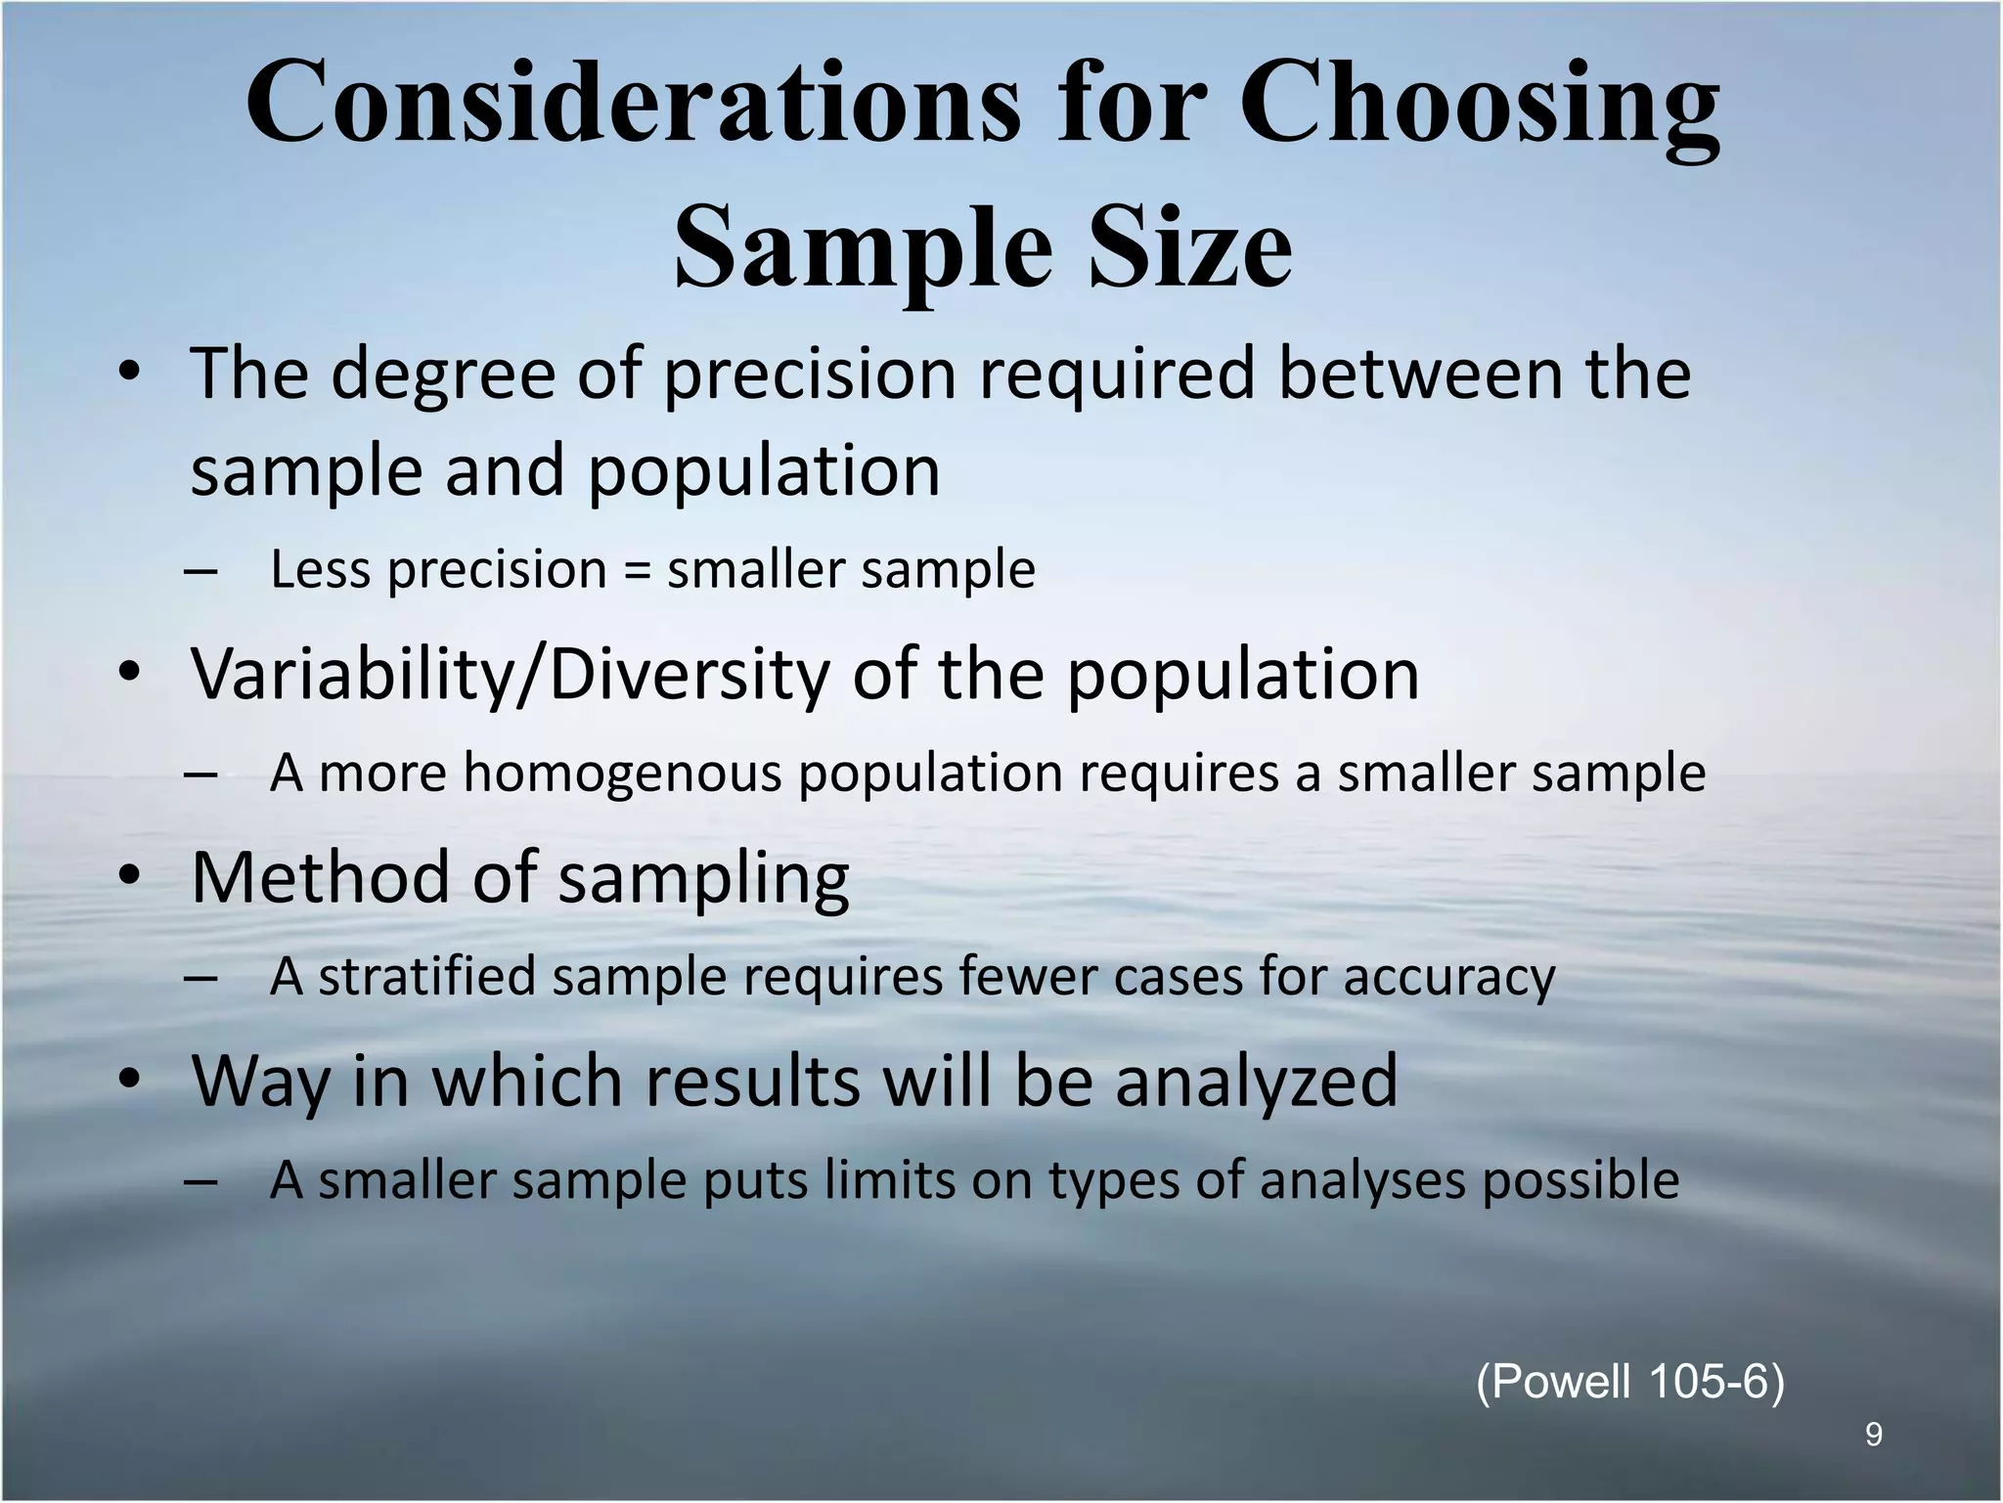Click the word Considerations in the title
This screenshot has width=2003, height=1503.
click(x=632, y=104)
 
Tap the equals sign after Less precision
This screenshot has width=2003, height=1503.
click(x=637, y=571)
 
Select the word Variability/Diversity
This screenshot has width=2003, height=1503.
click(x=509, y=675)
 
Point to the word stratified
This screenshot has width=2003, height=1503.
click(x=426, y=977)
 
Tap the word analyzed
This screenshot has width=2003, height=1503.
click(x=1257, y=1082)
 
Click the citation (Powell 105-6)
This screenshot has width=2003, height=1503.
click(x=1629, y=1383)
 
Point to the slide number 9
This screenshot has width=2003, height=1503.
click(x=1873, y=1436)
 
